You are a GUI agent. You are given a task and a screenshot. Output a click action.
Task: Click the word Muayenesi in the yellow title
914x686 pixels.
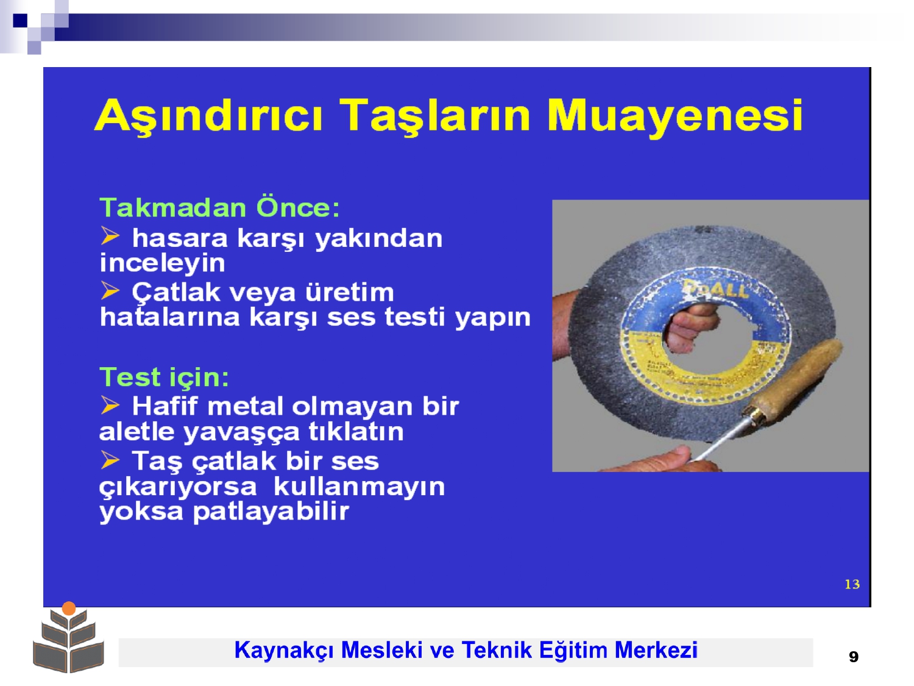[x=675, y=115]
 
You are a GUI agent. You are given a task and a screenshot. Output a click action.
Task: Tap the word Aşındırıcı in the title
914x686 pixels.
[x=208, y=115]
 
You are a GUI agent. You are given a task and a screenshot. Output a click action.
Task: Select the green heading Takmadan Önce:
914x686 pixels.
[x=219, y=207]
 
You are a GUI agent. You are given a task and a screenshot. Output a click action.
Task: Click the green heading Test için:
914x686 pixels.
[x=164, y=377]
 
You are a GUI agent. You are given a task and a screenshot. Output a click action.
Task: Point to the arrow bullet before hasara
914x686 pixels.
[x=110, y=235]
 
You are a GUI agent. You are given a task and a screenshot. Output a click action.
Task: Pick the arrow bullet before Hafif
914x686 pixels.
[x=110, y=404]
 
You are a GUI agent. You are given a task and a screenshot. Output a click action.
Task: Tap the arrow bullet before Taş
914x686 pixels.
[x=110, y=459]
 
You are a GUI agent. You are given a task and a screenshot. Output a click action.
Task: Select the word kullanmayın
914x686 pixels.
[x=360, y=487]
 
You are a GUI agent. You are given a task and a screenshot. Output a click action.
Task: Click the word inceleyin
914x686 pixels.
[x=163, y=263]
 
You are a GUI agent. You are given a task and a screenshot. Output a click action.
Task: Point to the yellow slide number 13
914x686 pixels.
[x=852, y=584]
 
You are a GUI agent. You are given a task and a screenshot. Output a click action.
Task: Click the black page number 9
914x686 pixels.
[x=854, y=657]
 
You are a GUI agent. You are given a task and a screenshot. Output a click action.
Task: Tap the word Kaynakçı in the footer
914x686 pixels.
[x=284, y=650]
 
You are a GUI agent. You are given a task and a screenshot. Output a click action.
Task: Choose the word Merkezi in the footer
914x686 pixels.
[x=656, y=650]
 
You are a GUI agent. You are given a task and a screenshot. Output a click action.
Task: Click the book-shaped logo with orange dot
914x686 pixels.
[x=68, y=637]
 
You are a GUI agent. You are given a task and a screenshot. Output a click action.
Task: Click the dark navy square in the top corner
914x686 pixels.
[x=20, y=20]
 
